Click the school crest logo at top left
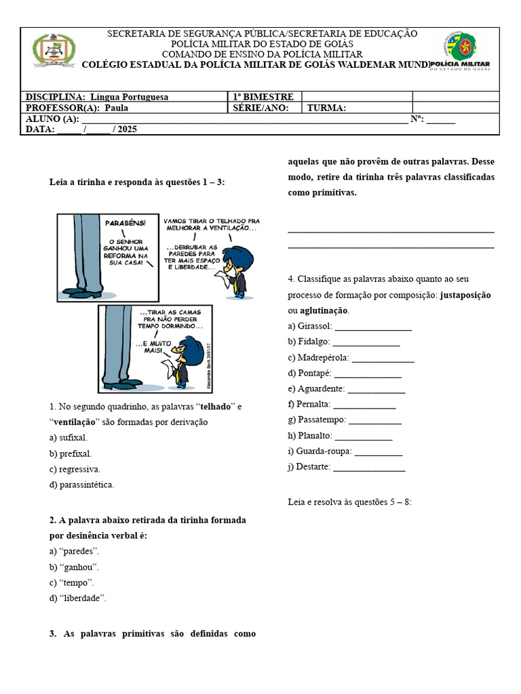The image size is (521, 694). click(50, 51)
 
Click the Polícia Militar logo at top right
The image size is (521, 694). click(467, 51)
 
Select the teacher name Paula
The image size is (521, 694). click(116, 108)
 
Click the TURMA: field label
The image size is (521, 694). click(326, 108)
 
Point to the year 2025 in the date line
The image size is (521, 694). click(127, 129)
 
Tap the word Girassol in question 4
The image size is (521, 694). click(313, 326)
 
